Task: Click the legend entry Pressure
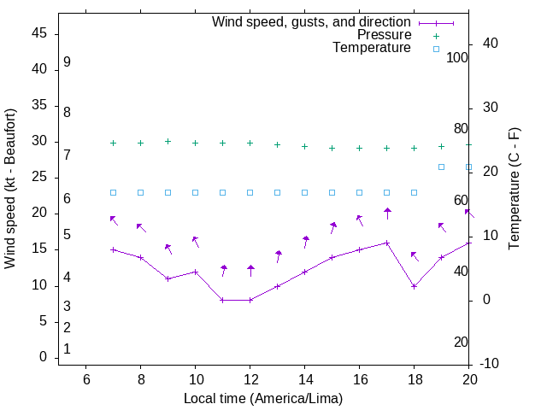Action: [x=384, y=35]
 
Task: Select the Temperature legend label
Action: [x=372, y=48]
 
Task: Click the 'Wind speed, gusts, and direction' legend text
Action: [x=311, y=22]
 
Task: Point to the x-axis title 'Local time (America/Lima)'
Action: [x=263, y=398]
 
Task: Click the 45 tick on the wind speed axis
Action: [x=38, y=33]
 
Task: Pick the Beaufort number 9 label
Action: [x=67, y=62]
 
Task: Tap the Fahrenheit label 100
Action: [x=457, y=57]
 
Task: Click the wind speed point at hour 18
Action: [x=414, y=286]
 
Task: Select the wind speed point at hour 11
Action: [x=222, y=300]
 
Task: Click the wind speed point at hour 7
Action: [x=113, y=249]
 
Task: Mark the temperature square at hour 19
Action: [x=441, y=167]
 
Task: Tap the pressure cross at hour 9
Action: [x=168, y=142]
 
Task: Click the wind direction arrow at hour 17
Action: [x=387, y=213]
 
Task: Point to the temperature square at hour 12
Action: [x=250, y=192]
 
